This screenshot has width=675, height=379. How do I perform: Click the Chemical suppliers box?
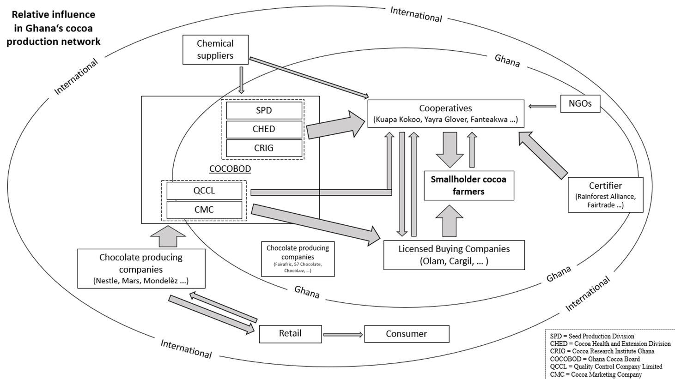pyautogui.click(x=215, y=49)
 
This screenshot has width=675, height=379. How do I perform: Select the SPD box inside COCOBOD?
pyautogui.click(x=264, y=111)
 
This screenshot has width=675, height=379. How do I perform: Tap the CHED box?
pyautogui.click(x=264, y=129)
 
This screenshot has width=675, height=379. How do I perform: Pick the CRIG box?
pyautogui.click(x=264, y=148)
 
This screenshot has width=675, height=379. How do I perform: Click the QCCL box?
pyautogui.click(x=204, y=191)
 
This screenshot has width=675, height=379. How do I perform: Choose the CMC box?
pyautogui.click(x=204, y=210)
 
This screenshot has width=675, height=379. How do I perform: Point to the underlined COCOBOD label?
pyautogui.click(x=230, y=169)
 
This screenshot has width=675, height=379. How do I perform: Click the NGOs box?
pyautogui.click(x=580, y=103)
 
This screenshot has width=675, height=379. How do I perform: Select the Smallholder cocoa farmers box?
pyautogui.click(x=468, y=186)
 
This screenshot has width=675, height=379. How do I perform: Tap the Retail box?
pyautogui.click(x=290, y=334)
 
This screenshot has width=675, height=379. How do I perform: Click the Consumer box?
pyautogui.click(x=407, y=334)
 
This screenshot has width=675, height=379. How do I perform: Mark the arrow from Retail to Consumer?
pyautogui.click(x=343, y=335)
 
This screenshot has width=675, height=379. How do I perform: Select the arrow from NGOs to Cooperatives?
pyautogui.click(x=542, y=106)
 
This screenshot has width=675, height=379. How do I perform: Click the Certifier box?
pyautogui.click(x=605, y=195)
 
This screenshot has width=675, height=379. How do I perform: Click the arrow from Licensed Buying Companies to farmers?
pyautogui.click(x=449, y=222)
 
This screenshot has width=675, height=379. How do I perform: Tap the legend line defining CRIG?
pyautogui.click(x=602, y=351)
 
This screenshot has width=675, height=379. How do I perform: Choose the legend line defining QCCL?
pyautogui.click(x=606, y=367)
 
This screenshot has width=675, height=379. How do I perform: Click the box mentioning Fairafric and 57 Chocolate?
pyautogui.click(x=298, y=259)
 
